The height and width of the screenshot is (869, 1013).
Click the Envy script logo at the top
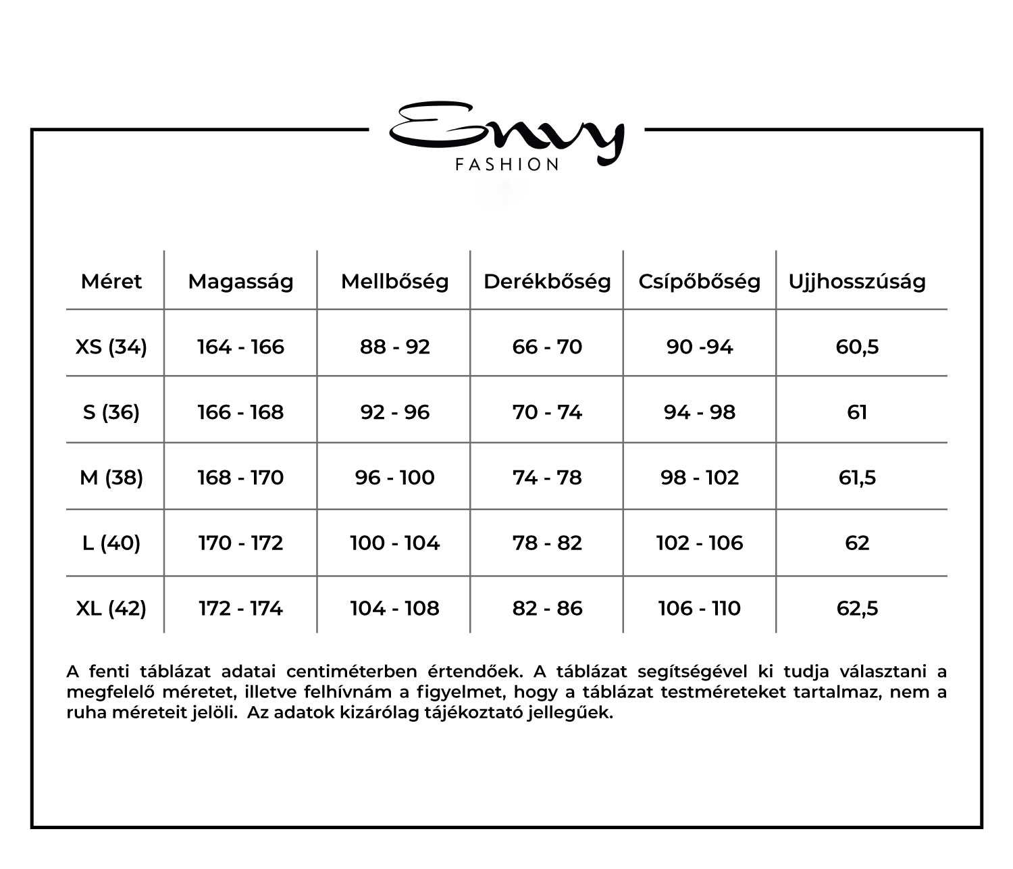[506, 132]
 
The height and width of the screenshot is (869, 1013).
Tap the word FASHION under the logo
[507, 165]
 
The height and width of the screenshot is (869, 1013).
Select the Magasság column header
[240, 281]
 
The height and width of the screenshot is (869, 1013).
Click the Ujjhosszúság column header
[857, 281]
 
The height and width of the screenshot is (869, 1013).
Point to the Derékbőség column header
[547, 281]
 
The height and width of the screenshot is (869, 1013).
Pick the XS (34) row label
[111, 347]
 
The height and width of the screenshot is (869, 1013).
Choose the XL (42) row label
[111, 608]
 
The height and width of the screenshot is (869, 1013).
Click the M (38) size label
[111, 478]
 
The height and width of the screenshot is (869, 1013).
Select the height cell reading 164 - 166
[240, 347]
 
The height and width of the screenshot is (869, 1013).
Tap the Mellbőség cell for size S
[394, 412]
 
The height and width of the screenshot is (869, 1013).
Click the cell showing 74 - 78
[547, 478]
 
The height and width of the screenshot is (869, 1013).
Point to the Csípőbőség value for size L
[700, 543]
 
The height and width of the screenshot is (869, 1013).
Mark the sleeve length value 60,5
[857, 347]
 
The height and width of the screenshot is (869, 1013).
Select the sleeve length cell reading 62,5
[857, 608]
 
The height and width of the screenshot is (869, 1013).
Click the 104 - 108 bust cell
[394, 608]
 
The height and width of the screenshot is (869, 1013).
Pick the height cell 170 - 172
[240, 543]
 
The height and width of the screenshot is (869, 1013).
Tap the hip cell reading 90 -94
[700, 347]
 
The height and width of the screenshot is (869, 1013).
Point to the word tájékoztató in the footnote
[472, 713]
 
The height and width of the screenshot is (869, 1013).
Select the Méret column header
[111, 281]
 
